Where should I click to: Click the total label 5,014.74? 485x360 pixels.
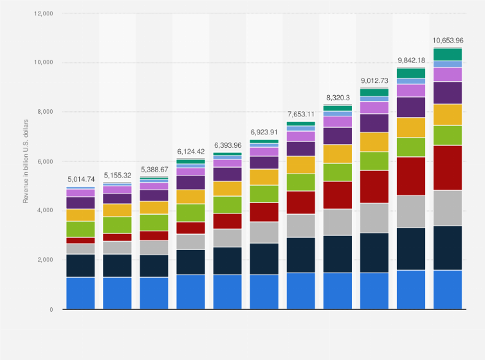[80, 179]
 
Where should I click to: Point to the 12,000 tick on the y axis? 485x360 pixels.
[43, 14]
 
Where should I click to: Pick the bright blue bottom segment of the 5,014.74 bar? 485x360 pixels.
[80, 293]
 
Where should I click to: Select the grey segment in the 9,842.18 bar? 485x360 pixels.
[411, 212]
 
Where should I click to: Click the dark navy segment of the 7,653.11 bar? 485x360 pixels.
[301, 255]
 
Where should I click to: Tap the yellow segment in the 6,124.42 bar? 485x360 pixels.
[191, 197]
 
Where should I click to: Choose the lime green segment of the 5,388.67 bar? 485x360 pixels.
[154, 222]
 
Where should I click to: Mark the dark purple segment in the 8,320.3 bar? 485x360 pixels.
[338, 136]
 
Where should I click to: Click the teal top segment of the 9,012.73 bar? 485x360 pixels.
[374, 92]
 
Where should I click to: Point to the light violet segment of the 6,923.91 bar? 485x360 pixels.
[264, 152]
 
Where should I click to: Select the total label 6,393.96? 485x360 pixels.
[228, 145]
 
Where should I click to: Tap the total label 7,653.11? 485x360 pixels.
[301, 114]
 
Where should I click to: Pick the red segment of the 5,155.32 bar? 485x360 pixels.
[118, 237]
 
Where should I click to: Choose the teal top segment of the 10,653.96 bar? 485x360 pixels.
[448, 55]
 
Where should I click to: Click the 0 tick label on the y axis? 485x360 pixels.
[51, 310]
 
